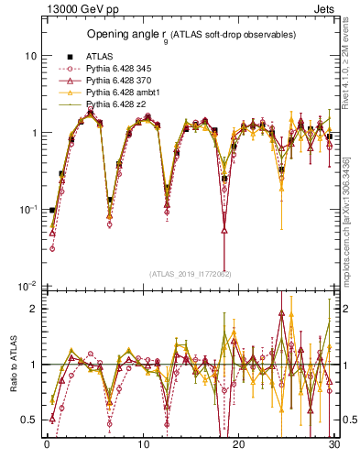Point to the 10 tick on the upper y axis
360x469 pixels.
tap(29, 55)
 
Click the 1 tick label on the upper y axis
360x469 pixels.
tap(32, 133)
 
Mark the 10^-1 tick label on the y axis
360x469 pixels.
tap(27, 210)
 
